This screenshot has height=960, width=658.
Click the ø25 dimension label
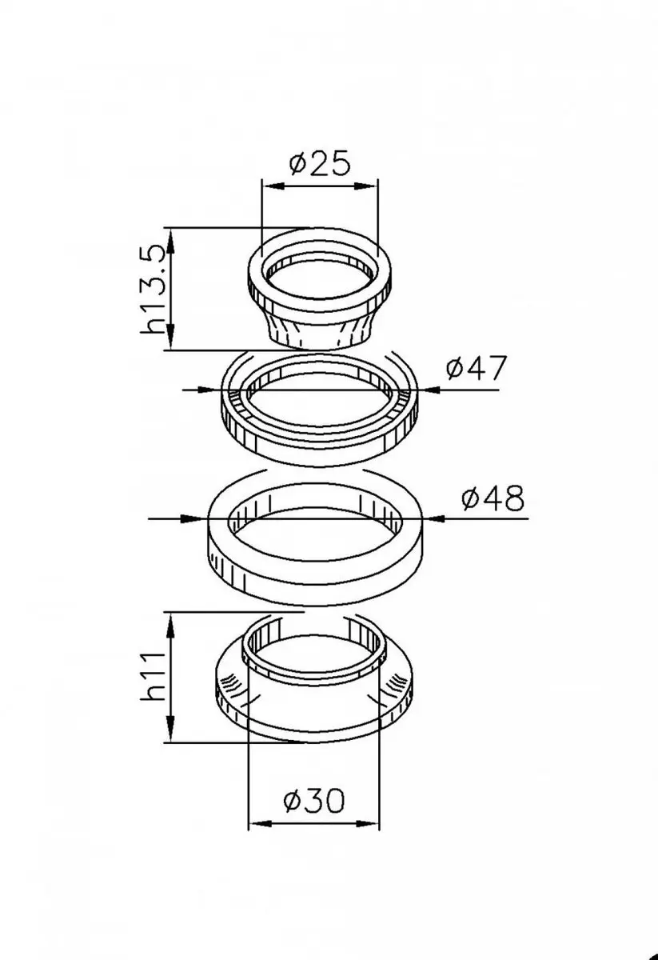[x=320, y=163]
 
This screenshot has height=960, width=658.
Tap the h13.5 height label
[x=153, y=290]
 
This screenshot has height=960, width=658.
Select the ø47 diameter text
[x=477, y=367]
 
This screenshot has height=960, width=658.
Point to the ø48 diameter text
[x=493, y=498]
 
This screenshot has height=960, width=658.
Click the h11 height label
[x=153, y=677]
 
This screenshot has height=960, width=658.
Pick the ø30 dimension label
[x=314, y=800]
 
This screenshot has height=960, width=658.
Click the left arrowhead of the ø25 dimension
[x=273, y=186]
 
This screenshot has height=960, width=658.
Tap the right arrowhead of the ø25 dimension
[x=367, y=186]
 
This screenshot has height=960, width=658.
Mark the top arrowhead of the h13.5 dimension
[x=170, y=239]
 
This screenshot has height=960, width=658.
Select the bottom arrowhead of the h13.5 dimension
[x=170, y=338]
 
